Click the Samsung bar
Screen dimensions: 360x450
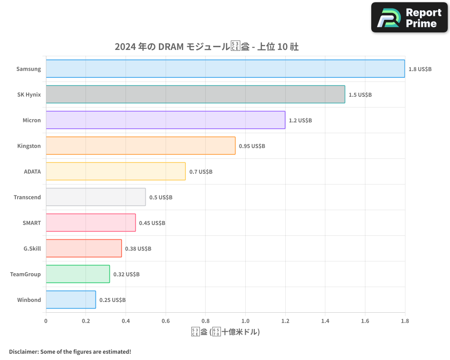click(225, 69)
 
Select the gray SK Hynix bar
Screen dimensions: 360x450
click(195, 94)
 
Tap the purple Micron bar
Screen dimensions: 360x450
click(165, 120)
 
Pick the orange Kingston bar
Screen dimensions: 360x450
click(140, 146)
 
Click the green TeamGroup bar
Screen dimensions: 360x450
click(78, 274)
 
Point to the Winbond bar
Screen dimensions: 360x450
click(71, 300)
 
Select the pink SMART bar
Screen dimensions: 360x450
click(90, 223)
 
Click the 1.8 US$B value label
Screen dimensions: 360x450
click(420, 69)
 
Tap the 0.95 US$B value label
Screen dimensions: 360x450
click(252, 146)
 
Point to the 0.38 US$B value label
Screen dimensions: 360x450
click(138, 249)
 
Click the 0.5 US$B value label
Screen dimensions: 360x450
click(161, 198)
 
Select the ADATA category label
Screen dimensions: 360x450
click(32, 171)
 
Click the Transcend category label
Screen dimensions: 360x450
click(27, 197)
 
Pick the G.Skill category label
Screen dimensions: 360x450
click(32, 248)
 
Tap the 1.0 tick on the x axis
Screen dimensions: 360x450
click(245, 321)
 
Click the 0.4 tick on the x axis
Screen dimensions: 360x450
click(126, 321)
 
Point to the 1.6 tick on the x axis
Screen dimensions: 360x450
click(365, 321)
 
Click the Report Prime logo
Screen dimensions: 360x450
click(409, 18)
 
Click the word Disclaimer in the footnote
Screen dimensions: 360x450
click(23, 352)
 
